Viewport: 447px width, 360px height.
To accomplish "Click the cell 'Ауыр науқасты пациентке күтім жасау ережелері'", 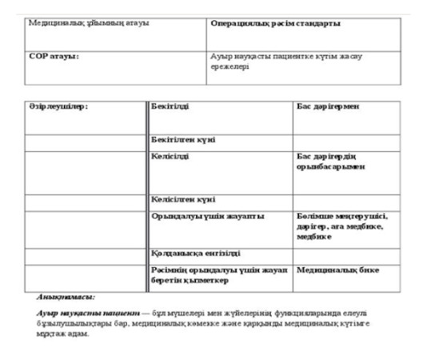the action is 264,62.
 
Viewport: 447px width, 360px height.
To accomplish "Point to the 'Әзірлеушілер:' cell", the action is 56,106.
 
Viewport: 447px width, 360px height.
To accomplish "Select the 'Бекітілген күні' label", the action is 183,140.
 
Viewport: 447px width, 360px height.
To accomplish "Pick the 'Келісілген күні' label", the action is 184,199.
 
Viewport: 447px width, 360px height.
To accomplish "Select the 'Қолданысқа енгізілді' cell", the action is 196,254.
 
